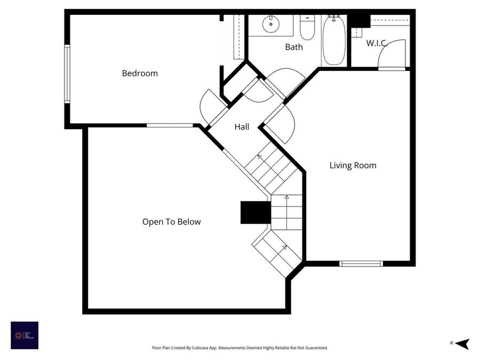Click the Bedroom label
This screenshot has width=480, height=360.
coord(140,73)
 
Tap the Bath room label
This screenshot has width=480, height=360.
coord(294,47)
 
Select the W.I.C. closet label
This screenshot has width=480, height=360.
coord(377,43)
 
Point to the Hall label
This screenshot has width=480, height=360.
coord(242,127)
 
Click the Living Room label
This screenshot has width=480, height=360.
coord(353,165)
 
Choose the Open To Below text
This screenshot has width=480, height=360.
coord(171,221)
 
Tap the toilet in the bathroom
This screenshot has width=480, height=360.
coord(307,28)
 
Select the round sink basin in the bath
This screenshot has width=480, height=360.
coord(271,23)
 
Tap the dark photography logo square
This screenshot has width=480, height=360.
coord(25,335)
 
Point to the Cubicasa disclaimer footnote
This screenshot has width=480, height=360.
coord(239,348)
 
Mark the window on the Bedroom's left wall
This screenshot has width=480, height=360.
coord(67,74)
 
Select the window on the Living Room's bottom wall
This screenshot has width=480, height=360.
coord(362,263)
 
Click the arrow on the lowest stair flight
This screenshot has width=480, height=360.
coord(284,247)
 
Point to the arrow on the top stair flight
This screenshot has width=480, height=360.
coord(260,157)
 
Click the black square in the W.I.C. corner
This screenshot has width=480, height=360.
coord(359,20)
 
